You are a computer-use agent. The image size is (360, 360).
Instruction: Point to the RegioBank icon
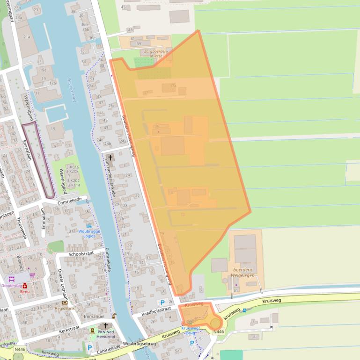pyautogui.click(x=65, y=302)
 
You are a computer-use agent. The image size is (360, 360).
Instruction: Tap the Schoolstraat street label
pyautogui.click(x=81, y=254)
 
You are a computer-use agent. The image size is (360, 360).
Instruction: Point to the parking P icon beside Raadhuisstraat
pyautogui.click(x=162, y=302)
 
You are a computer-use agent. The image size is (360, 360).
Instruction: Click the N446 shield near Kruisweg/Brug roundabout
pyautogui.click(x=218, y=331)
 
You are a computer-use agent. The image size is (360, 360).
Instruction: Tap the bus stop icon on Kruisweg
pyautogui.click(x=244, y=310)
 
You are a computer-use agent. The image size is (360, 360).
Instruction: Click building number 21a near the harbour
pyautogui.click(x=27, y=36)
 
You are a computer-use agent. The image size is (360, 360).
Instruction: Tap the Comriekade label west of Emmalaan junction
pyautogui.click(x=70, y=200)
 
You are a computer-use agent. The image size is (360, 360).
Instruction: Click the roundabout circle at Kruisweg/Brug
pyautogui.click(x=215, y=323)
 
